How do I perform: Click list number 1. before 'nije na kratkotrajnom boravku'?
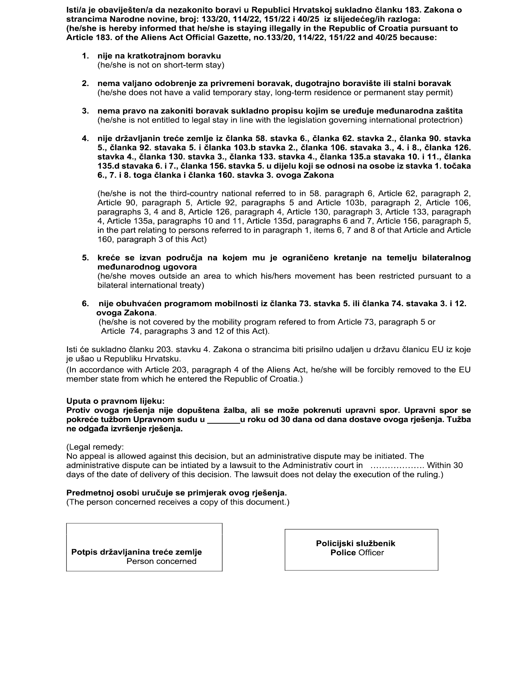85,56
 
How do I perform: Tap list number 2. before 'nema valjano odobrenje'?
85,83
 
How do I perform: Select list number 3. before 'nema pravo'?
85,111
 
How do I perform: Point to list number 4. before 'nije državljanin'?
85,139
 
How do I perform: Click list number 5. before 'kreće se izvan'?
85,258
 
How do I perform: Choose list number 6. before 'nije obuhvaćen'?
85,304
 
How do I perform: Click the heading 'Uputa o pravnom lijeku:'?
116,401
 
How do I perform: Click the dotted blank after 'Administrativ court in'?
397,466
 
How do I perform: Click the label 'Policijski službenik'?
356,543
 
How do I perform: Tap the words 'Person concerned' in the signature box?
161,561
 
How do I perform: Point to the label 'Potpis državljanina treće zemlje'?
136,552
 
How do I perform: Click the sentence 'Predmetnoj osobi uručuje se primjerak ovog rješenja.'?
177,493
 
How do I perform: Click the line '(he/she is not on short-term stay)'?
161,65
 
